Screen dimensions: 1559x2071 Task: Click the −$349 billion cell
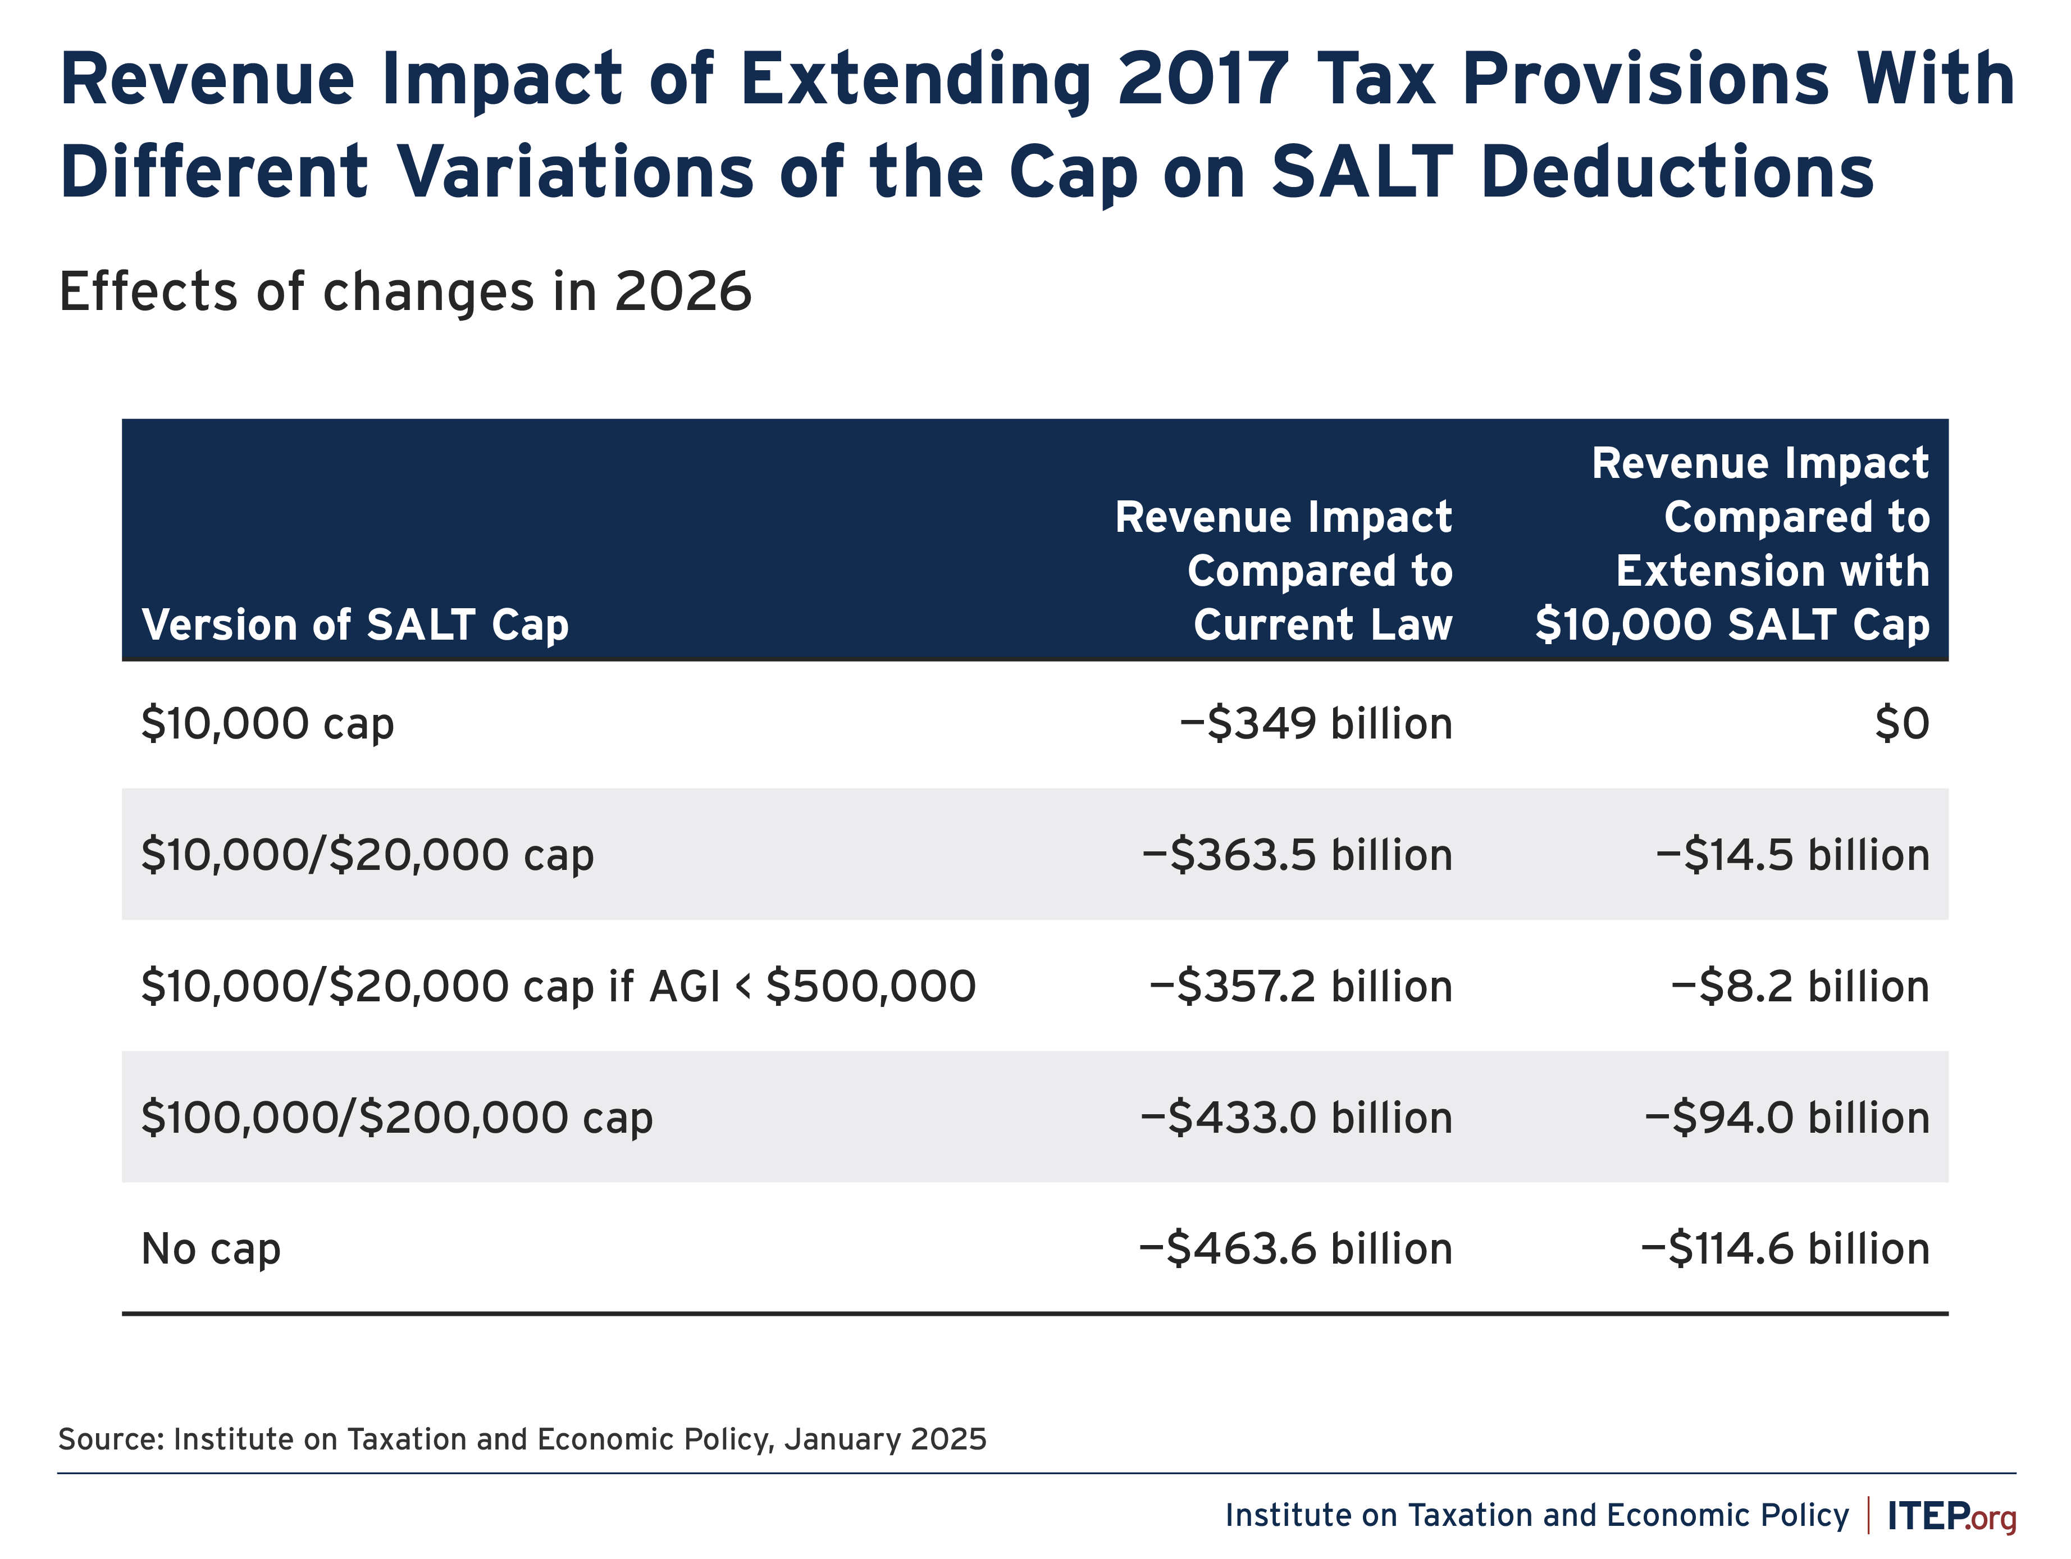point(1316,724)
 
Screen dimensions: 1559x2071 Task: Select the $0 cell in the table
point(1901,724)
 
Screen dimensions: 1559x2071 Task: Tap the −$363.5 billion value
point(1297,855)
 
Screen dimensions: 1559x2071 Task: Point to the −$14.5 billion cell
point(1792,855)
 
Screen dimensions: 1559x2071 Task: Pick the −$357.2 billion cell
point(1301,986)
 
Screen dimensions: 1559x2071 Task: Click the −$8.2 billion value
point(1799,986)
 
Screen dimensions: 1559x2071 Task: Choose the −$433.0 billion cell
point(1296,1117)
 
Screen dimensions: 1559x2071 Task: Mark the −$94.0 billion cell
point(1786,1117)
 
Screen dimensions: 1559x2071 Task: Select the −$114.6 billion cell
point(1785,1248)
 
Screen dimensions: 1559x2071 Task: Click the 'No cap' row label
point(211,1248)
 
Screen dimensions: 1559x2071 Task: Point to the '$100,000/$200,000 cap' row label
point(396,1117)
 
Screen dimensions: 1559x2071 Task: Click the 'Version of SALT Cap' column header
point(355,624)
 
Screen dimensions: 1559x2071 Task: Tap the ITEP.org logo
point(1951,1516)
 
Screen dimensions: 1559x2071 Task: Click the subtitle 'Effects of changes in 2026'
point(404,291)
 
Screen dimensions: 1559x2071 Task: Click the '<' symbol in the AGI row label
point(743,986)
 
